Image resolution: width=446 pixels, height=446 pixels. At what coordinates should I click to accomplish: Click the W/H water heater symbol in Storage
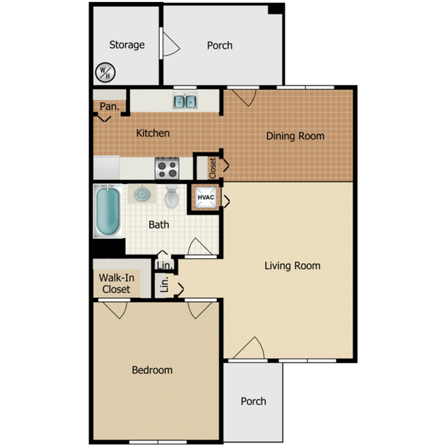coord(105,71)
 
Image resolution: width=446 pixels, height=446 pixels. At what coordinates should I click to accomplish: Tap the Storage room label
coord(127,45)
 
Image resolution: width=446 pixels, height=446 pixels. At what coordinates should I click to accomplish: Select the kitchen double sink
coord(184,102)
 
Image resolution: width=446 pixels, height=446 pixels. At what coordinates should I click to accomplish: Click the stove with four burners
coord(167,168)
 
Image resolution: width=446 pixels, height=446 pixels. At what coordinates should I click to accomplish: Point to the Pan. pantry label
coord(110,106)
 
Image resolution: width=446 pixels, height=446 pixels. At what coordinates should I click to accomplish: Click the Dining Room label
coord(295,136)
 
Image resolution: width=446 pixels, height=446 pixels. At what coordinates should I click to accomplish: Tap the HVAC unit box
coord(206,198)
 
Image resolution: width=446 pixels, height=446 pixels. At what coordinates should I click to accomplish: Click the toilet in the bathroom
coord(172,198)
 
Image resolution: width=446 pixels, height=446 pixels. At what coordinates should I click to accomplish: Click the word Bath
coord(159,224)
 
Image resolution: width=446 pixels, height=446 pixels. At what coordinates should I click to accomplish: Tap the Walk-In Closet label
coord(116,283)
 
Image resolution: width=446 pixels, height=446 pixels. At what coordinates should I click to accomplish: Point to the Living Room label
coord(292,266)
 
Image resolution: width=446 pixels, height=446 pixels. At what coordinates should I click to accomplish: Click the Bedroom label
coord(152,371)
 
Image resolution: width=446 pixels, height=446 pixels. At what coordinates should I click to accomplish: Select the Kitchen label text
coord(153,133)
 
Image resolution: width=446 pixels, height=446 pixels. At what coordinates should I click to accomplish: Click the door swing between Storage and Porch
coord(169,45)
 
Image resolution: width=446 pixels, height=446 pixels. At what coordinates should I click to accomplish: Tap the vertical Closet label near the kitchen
coord(213,168)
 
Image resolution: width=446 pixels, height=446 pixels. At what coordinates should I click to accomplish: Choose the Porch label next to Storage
coord(220,45)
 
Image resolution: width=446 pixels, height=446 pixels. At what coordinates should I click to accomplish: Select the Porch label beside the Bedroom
coord(253,401)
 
